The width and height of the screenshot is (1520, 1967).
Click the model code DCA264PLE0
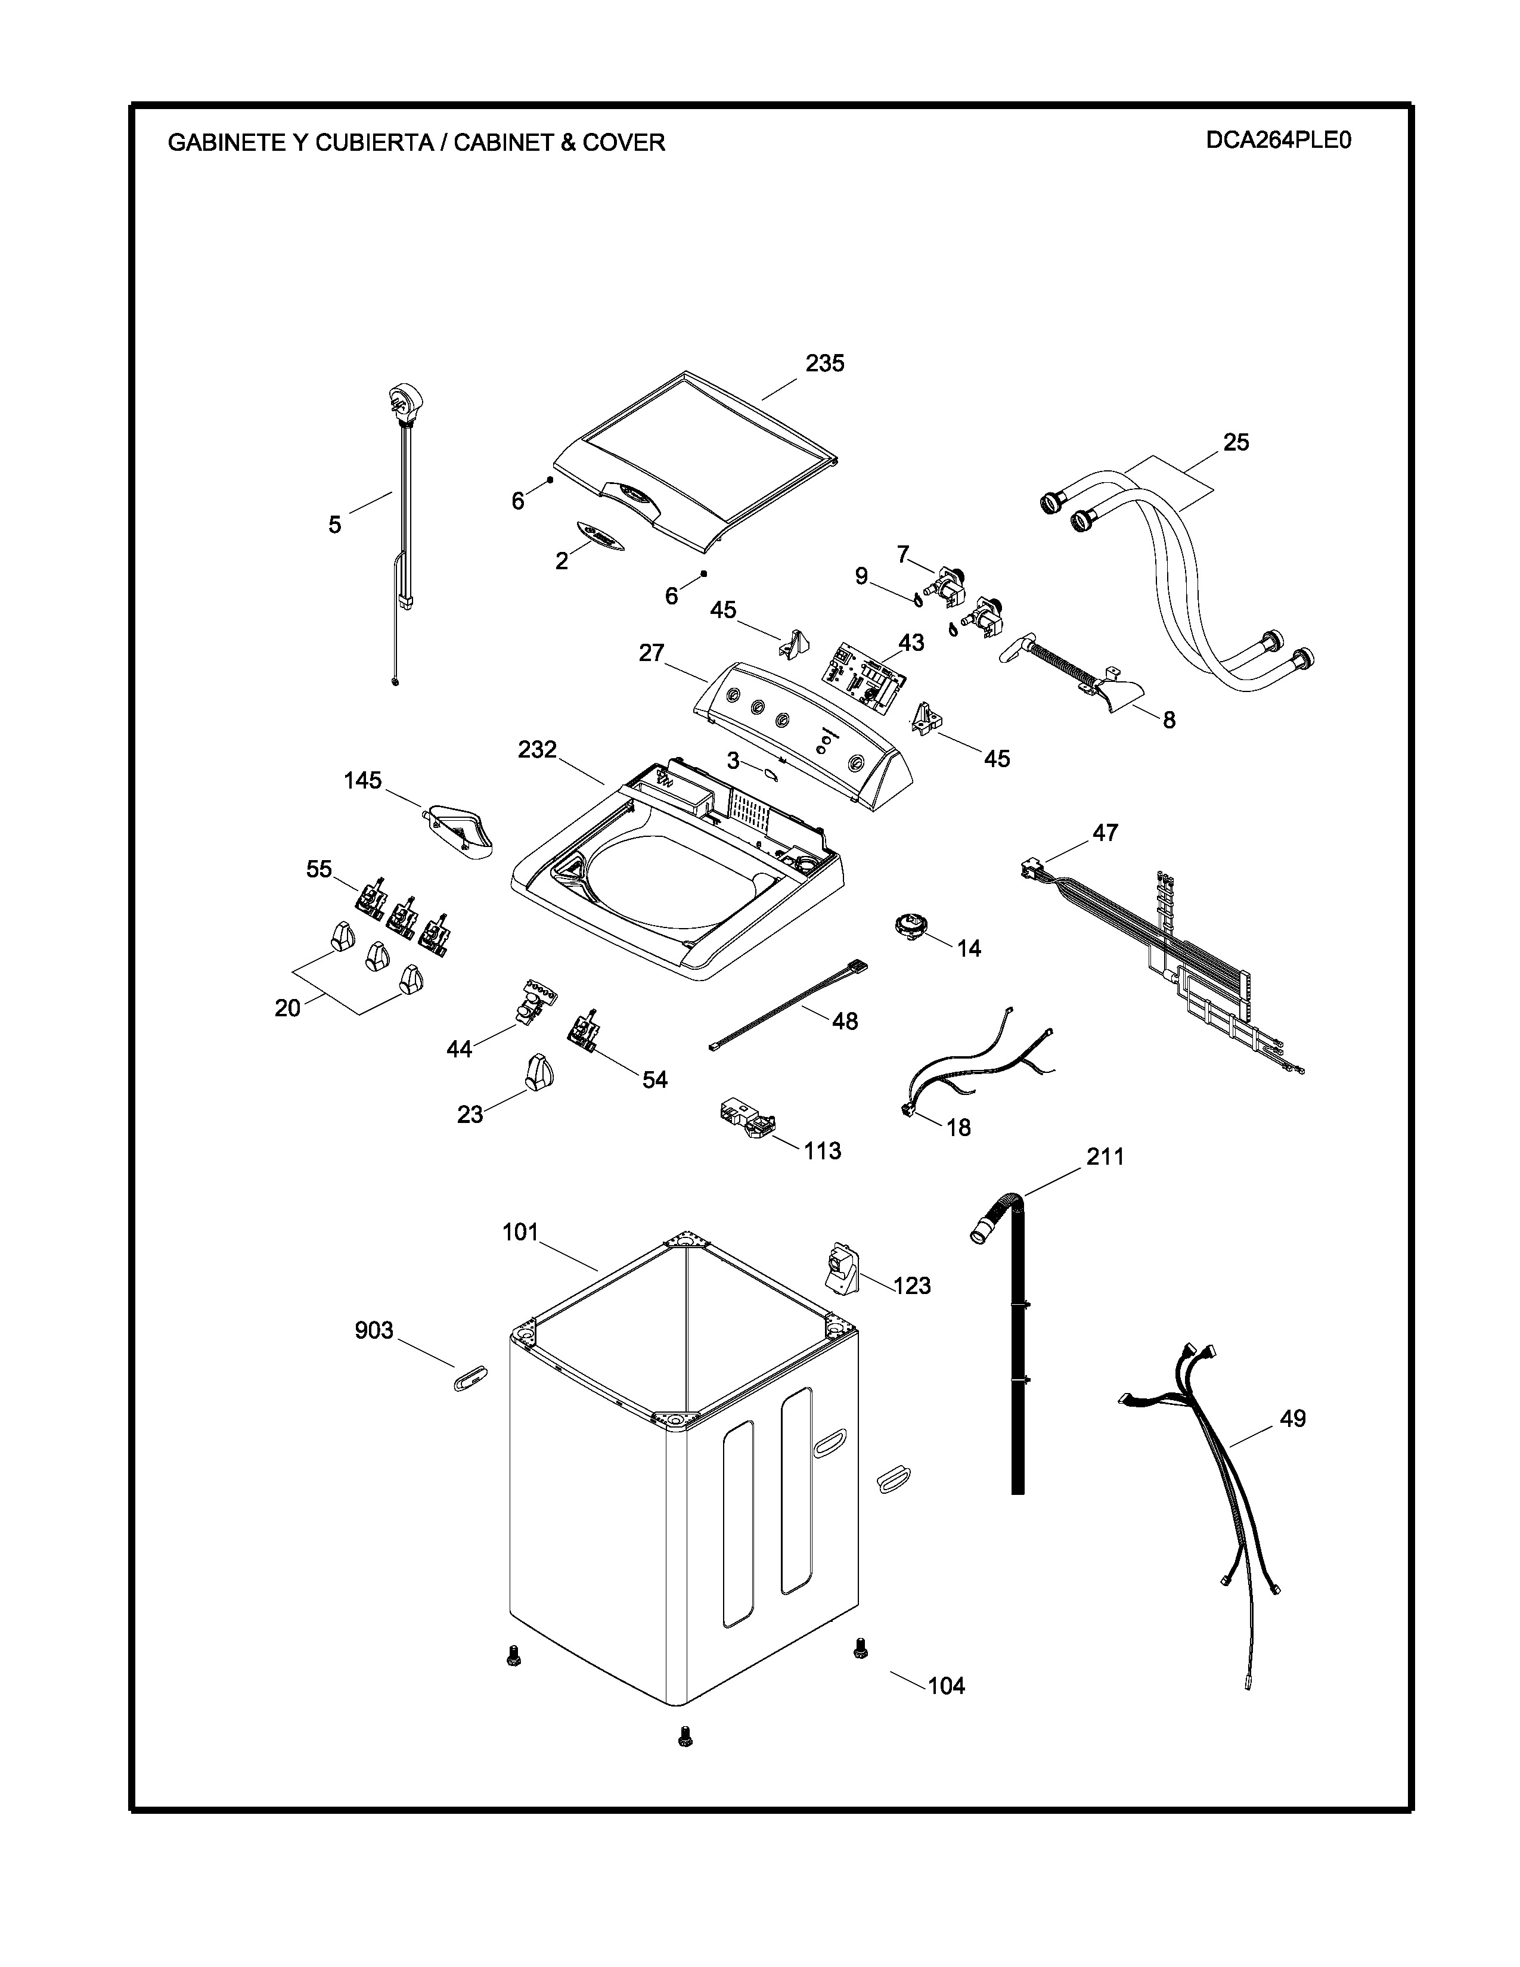pos(1279,141)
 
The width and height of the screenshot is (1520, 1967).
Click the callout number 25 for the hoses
pos(1236,442)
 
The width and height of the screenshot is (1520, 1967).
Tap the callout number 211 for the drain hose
pos(1105,1156)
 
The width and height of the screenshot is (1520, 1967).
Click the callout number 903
pos(374,1330)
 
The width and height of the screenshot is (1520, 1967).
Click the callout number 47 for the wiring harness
pos(1105,833)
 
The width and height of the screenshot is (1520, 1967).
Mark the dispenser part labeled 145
pos(459,826)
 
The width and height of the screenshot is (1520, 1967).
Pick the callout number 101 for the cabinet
pos(520,1232)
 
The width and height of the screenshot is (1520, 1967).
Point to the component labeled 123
pos(842,1270)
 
